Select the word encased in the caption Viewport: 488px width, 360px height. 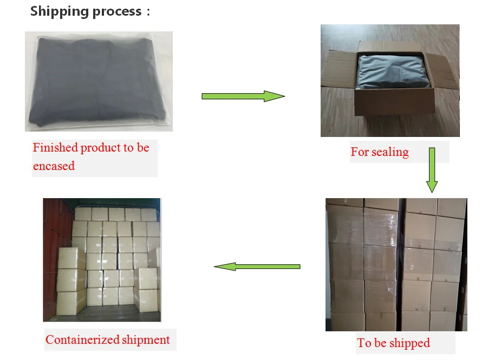click(x=54, y=166)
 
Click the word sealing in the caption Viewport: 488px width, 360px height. click(x=390, y=152)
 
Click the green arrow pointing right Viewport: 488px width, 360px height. click(x=243, y=96)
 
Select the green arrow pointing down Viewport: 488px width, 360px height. click(x=432, y=169)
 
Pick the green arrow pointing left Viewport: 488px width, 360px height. click(x=257, y=266)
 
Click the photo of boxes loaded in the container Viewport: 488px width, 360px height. click(x=102, y=260)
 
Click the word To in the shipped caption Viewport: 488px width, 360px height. click(x=363, y=343)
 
